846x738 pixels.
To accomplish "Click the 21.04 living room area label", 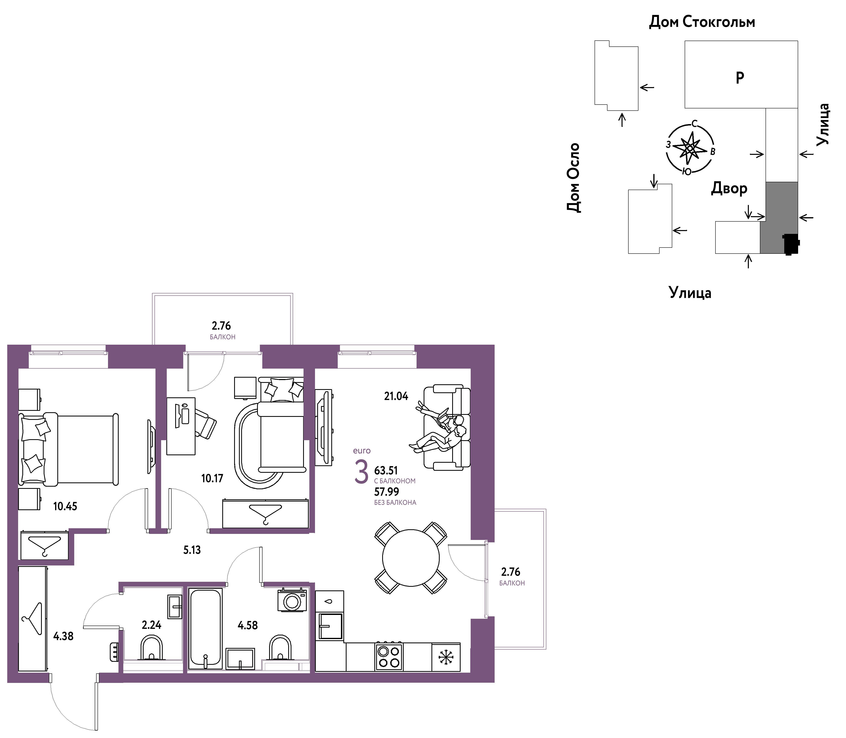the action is click(x=396, y=396).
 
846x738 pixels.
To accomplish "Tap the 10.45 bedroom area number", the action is click(x=65, y=506).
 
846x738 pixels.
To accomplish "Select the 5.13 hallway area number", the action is click(x=192, y=550).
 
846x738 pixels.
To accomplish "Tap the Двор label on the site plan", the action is click(x=729, y=189).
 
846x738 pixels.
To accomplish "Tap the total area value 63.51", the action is click(x=386, y=470).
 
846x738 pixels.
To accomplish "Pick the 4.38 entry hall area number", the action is click(x=63, y=636).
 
